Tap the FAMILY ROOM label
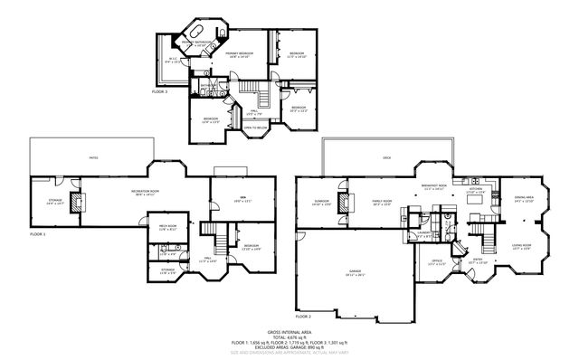pyautogui.click(x=381, y=201)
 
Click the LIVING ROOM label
pyautogui.click(x=520, y=245)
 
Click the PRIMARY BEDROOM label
pyautogui.click(x=239, y=54)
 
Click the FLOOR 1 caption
pyautogui.click(x=36, y=234)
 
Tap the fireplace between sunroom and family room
pyautogui.click(x=345, y=200)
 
